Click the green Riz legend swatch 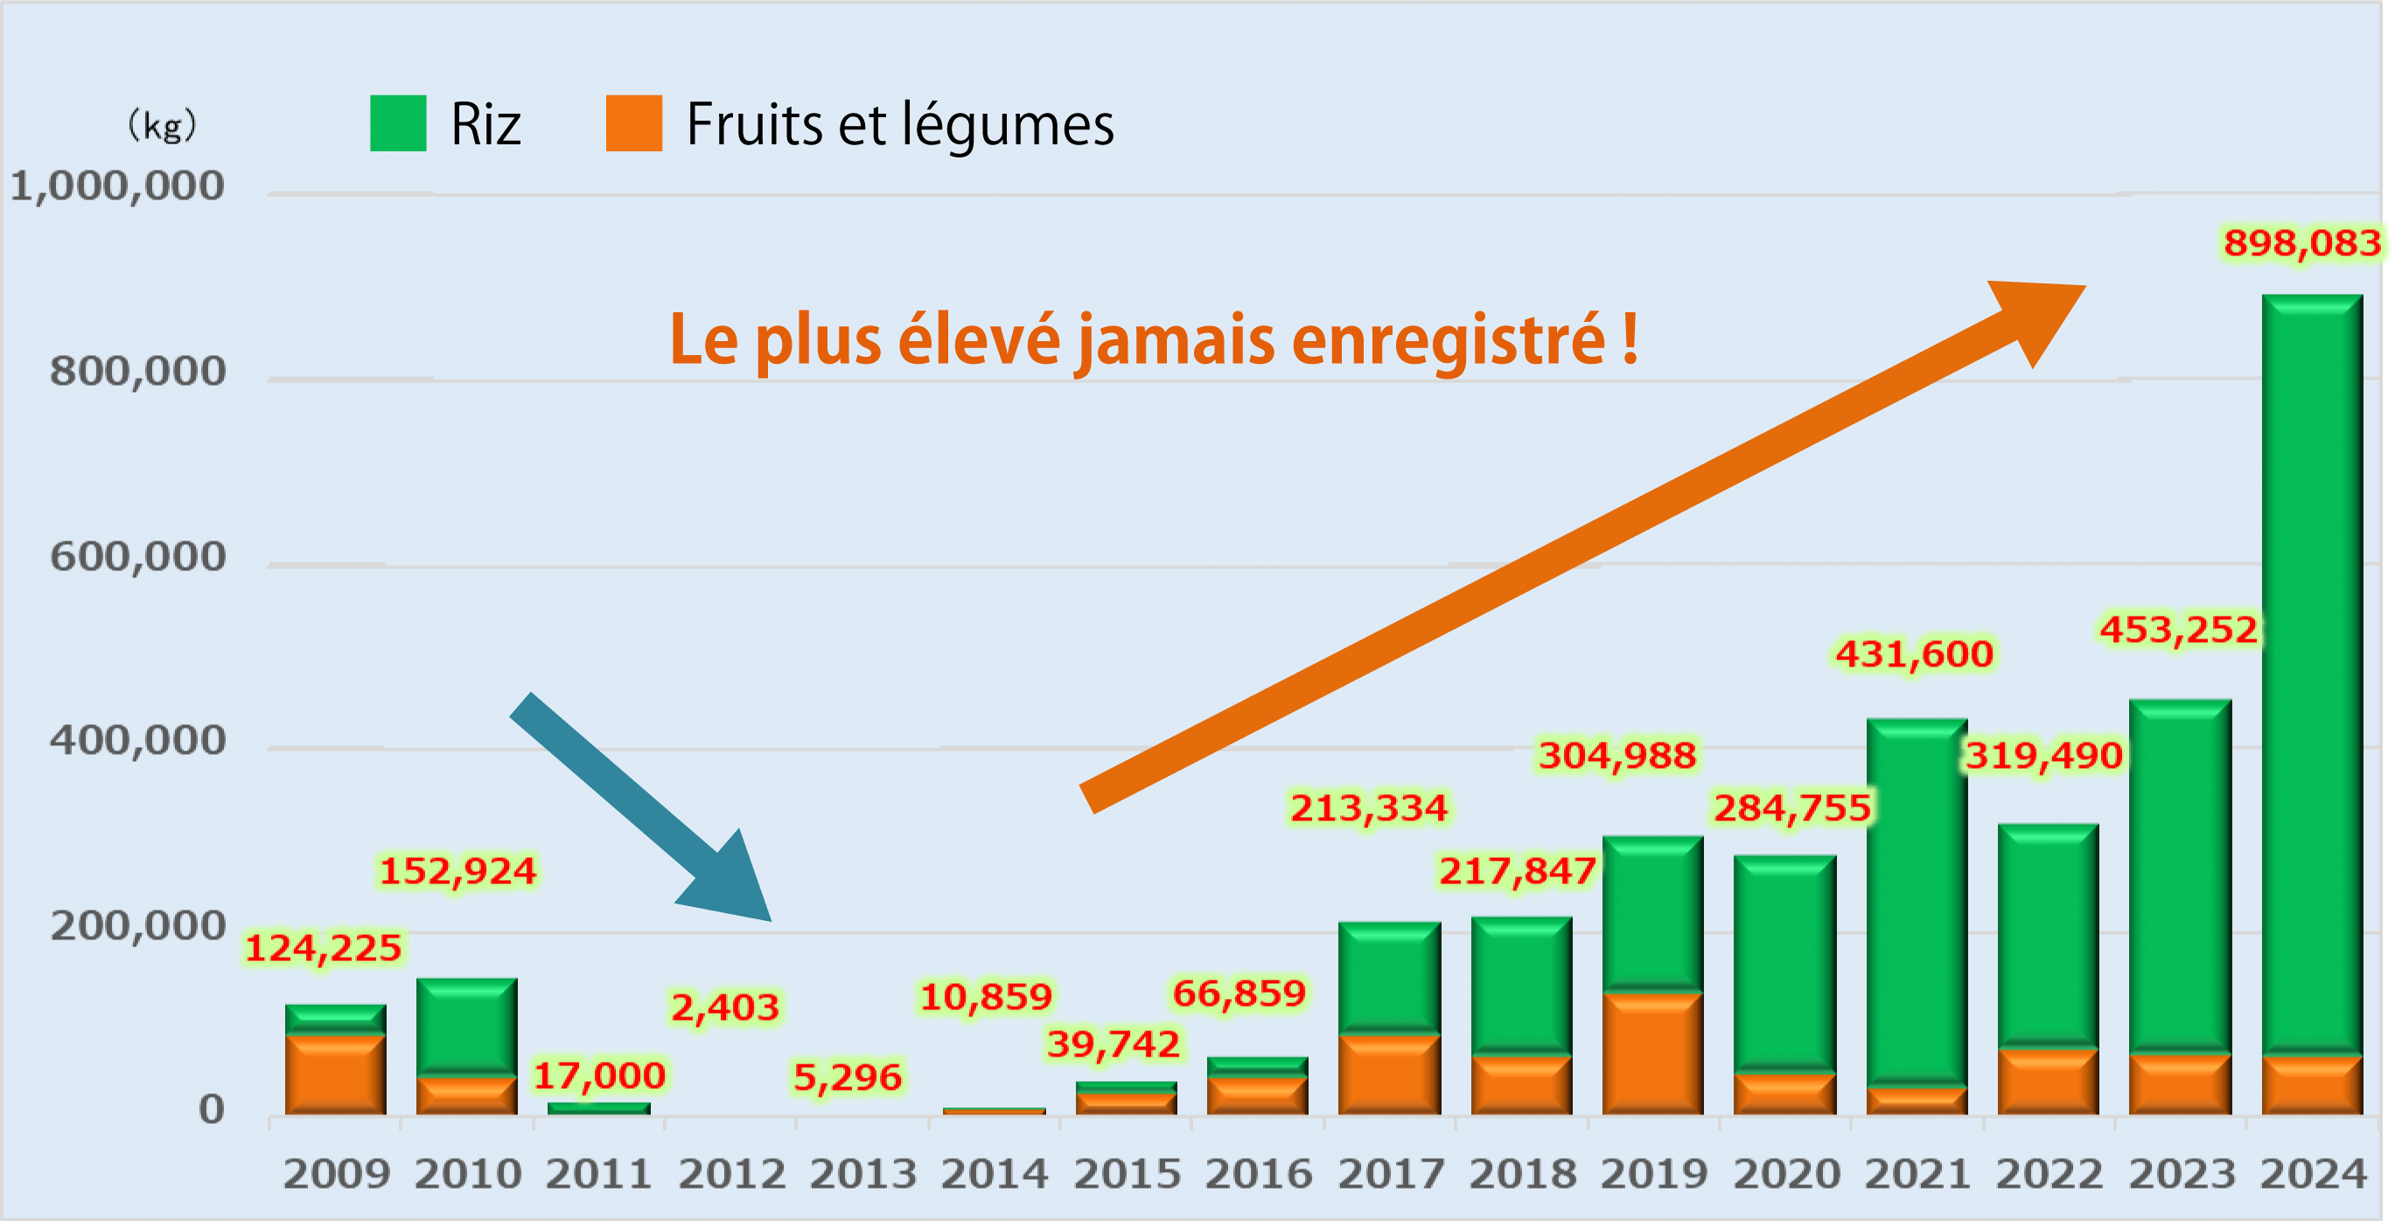point(398,122)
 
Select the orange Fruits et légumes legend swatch point(633,122)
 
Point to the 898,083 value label point(2301,244)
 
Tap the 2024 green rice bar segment point(2311,670)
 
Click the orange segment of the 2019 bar point(1652,1053)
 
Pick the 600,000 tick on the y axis point(137,557)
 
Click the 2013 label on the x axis point(862,1174)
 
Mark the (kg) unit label point(162,124)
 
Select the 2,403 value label point(725,1007)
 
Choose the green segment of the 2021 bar point(1917,902)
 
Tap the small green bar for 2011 point(598,1107)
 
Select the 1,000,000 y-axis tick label point(117,186)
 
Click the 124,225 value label point(323,948)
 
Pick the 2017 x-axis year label point(1390,1174)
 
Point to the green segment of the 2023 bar point(2179,874)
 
